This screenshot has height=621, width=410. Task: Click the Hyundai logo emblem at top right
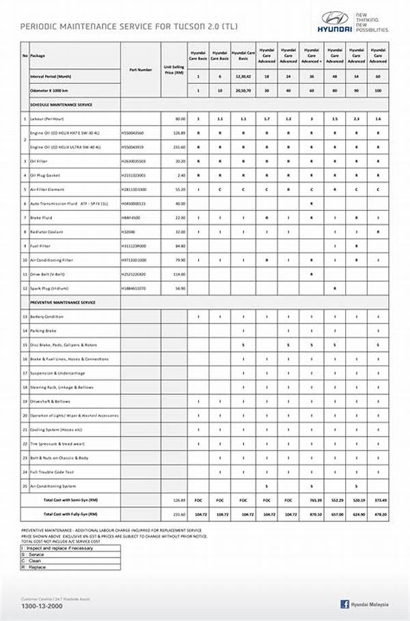tap(335, 18)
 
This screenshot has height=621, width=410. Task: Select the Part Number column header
tap(140, 69)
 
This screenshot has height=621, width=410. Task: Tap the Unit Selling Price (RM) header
tap(174, 69)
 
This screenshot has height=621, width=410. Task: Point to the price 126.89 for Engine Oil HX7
tap(179, 132)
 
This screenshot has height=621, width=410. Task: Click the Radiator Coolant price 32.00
tap(180, 232)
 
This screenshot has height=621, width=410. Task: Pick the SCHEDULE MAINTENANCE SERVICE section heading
tap(61, 104)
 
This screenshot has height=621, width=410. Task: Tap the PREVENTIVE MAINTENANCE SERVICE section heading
tap(63, 302)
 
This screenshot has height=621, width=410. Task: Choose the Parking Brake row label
tap(44, 331)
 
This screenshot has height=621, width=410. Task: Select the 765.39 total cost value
tap(314, 500)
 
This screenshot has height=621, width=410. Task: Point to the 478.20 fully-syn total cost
tap(379, 513)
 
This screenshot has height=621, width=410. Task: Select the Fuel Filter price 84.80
tap(180, 246)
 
